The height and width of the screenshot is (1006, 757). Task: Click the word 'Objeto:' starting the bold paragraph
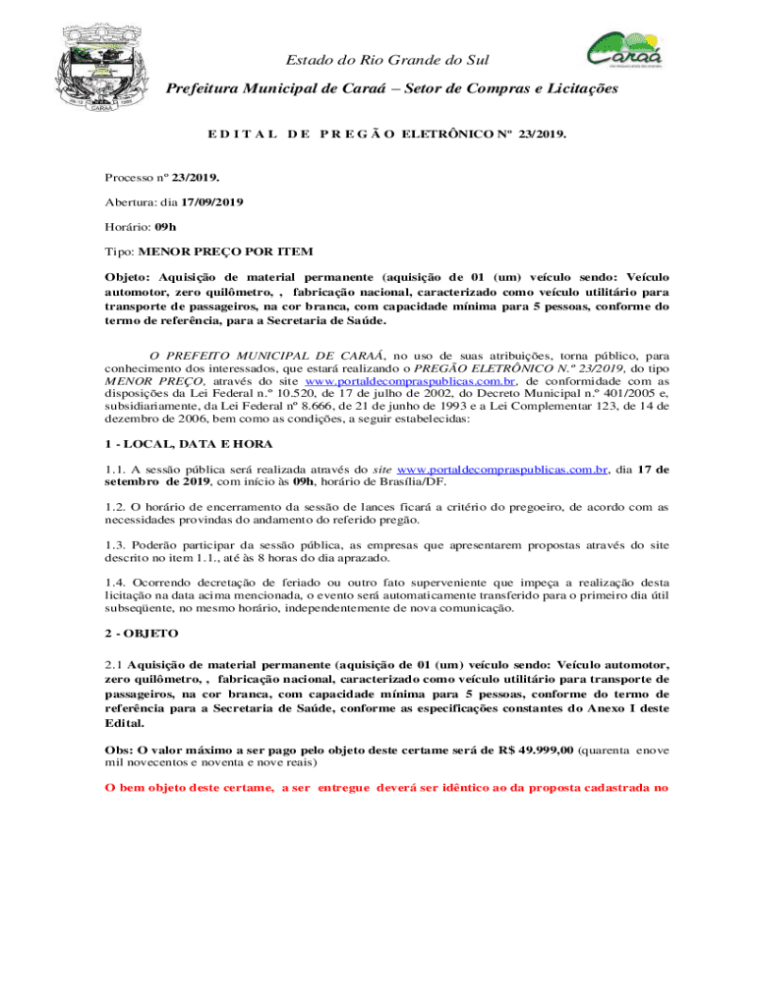[128, 277]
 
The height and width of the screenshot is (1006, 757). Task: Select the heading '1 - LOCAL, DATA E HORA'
[175, 444]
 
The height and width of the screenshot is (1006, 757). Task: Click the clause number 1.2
[116, 508]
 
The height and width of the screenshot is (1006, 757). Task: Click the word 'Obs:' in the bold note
[120, 750]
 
